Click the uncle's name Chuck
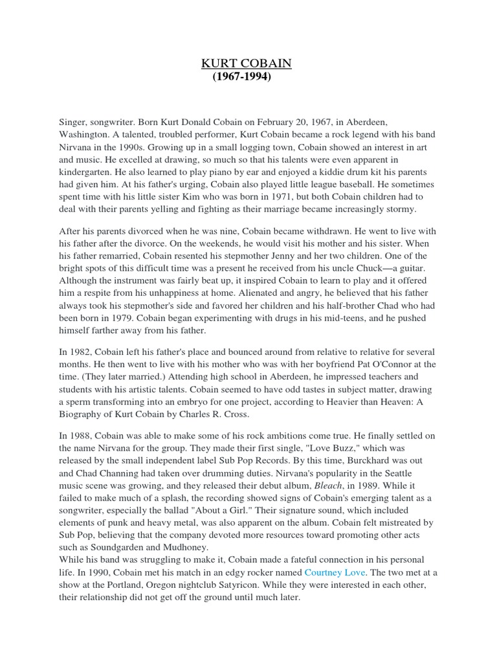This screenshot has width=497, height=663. (x=372, y=268)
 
